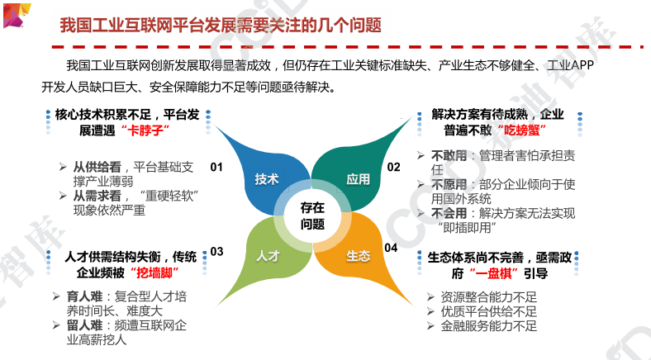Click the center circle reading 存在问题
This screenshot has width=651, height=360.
click(x=312, y=216)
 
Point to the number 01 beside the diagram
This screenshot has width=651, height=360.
click(x=216, y=167)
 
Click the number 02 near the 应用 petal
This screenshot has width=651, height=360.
click(x=393, y=167)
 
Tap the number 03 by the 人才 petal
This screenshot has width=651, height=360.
click(x=216, y=252)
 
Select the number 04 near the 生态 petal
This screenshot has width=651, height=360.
click(x=391, y=248)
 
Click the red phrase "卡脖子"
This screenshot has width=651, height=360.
click(x=145, y=130)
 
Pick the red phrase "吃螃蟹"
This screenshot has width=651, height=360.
click(x=521, y=130)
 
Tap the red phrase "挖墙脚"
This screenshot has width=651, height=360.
click(x=154, y=273)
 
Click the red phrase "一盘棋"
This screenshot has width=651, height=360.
click(x=494, y=273)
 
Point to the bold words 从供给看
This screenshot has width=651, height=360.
click(x=97, y=167)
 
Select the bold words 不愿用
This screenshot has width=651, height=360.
click(x=449, y=184)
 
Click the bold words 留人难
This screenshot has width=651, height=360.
click(x=84, y=325)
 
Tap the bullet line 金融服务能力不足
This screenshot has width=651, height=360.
click(x=489, y=326)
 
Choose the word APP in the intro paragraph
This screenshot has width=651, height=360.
click(x=582, y=65)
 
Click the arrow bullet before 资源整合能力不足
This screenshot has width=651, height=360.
click(x=431, y=297)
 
